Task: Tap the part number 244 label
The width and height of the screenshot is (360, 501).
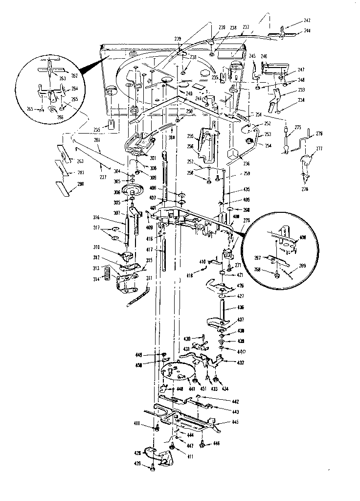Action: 307,30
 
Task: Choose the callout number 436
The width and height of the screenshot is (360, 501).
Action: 240,308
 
